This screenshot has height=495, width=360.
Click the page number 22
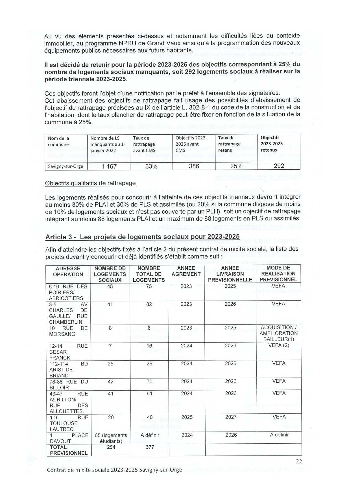(x=299, y=462)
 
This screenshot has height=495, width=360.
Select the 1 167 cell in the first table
(x=109, y=167)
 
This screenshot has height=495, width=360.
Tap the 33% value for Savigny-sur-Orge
(x=151, y=167)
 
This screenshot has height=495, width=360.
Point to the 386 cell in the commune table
(x=194, y=166)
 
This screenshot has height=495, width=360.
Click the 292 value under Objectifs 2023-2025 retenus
(x=279, y=166)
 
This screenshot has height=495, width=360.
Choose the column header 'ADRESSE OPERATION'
(x=68, y=271)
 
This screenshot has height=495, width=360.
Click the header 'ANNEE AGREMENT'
(x=186, y=271)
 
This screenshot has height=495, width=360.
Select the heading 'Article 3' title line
(x=142, y=237)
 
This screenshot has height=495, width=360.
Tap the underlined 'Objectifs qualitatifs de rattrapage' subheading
(x=90, y=183)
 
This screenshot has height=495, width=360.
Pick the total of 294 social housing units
(x=111, y=447)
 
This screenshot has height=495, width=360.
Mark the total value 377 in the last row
(x=150, y=447)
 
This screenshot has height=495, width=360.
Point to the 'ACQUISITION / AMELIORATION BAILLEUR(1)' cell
(x=279, y=333)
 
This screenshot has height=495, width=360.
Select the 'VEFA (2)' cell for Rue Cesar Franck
(x=279, y=345)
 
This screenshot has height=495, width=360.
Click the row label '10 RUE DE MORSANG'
(x=68, y=331)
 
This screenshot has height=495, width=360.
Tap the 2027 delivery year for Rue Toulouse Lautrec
(x=231, y=417)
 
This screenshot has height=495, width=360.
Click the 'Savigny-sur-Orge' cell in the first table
(x=66, y=166)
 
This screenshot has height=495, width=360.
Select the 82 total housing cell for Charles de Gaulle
(x=149, y=304)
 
